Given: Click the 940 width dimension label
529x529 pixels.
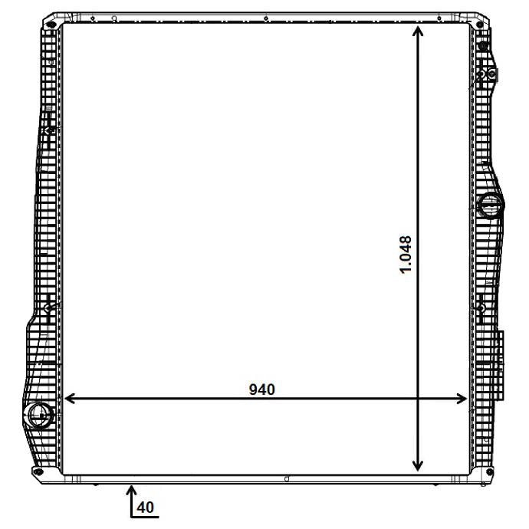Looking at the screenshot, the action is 261,389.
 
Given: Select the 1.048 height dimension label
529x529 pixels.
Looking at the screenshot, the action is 406,255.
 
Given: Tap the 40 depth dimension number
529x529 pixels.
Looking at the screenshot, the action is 146,507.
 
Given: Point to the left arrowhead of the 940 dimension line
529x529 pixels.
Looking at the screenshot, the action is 70,399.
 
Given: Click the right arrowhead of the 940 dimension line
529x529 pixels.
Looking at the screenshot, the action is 462,399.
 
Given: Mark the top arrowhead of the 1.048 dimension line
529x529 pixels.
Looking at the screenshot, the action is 418,31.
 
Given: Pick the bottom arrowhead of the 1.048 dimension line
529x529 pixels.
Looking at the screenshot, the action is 418,465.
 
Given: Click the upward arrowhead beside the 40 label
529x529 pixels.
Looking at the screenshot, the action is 132,490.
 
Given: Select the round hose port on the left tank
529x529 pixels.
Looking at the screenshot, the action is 41,414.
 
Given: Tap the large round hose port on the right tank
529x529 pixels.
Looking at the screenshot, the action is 491,205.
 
